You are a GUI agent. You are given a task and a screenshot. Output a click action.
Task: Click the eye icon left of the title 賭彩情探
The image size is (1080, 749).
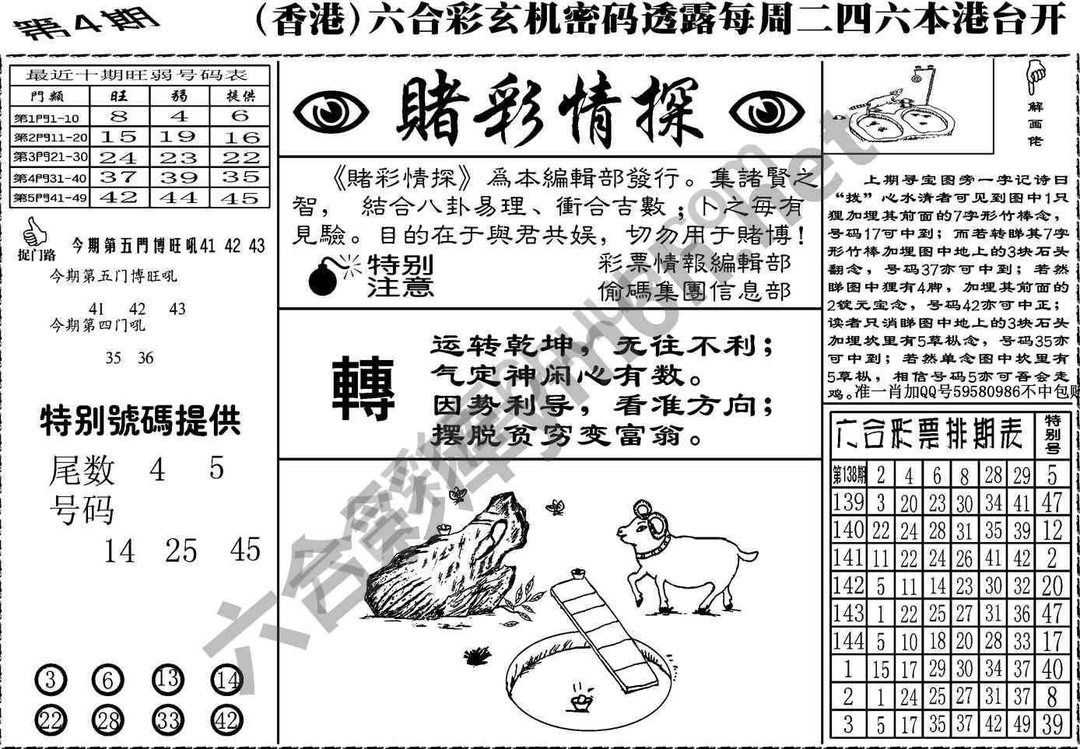click(x=332, y=114)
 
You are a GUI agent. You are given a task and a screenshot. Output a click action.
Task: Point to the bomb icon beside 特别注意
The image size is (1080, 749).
click(x=326, y=277)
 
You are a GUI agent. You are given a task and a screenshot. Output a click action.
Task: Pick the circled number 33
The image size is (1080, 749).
click(x=167, y=720)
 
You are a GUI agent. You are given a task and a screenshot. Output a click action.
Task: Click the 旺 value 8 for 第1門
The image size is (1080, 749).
click(x=119, y=117)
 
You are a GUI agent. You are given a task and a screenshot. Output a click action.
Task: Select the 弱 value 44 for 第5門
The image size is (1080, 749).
click(x=179, y=198)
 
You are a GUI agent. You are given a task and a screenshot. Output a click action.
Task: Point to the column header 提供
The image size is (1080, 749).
click(x=240, y=96)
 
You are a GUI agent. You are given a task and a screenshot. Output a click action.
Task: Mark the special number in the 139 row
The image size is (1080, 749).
click(x=1052, y=502)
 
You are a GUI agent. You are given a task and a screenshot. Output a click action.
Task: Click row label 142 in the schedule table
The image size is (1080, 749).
click(x=848, y=585)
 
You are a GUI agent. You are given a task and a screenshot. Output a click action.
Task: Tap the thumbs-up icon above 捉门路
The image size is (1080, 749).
click(x=32, y=232)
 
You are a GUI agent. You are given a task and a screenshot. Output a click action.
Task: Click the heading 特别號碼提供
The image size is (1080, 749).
click(x=141, y=422)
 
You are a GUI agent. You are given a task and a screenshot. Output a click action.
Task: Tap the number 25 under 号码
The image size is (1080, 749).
click(x=181, y=551)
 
